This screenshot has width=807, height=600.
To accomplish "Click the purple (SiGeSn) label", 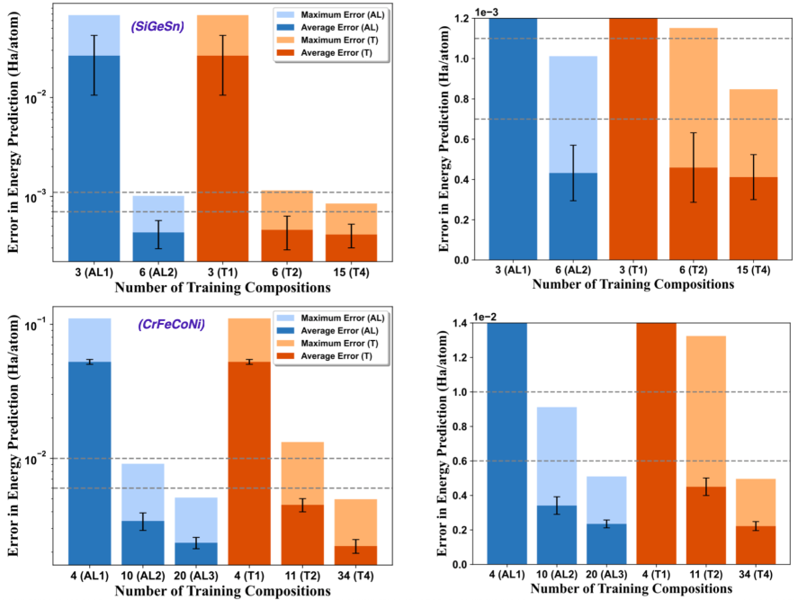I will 157,26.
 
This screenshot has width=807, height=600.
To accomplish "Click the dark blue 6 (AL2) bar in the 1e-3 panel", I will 571,216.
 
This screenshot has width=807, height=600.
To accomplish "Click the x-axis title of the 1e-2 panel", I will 632,590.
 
